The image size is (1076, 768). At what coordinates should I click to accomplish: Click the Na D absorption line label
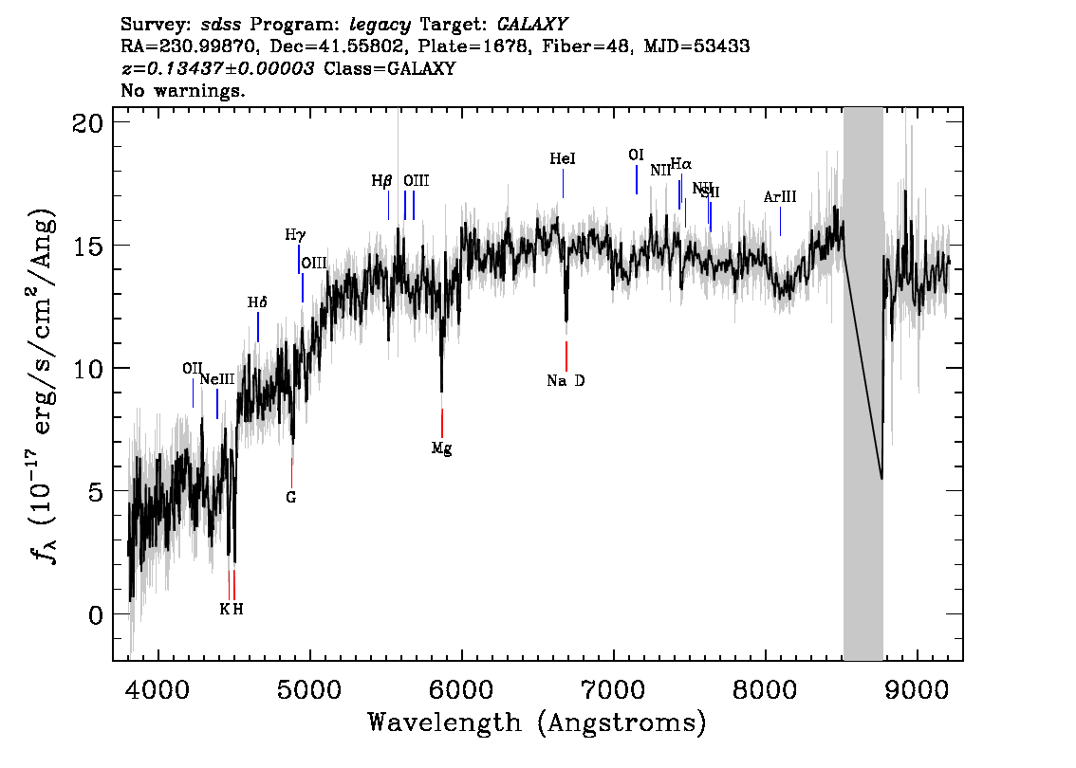pos(566,381)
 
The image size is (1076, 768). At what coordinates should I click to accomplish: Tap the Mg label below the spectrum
pos(441,448)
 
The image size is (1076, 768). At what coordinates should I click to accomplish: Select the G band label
pos(291,497)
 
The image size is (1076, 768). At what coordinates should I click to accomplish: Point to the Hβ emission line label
pos(381,180)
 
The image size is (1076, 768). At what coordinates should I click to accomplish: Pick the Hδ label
pos(257,302)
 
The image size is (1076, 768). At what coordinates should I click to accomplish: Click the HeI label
pos(563,159)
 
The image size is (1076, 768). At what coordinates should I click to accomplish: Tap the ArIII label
pos(780,197)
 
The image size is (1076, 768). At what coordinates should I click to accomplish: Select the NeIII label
pos(217,379)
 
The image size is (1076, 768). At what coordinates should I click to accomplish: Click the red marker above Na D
pos(566,357)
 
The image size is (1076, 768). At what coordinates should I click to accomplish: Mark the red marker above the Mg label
pos(442,423)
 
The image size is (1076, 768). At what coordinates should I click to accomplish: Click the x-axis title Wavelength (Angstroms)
pos(537,723)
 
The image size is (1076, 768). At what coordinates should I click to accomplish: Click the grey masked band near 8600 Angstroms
pos(863,379)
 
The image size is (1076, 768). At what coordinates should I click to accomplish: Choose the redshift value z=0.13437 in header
pos(218,69)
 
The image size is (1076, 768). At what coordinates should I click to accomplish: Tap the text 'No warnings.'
pos(183,91)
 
